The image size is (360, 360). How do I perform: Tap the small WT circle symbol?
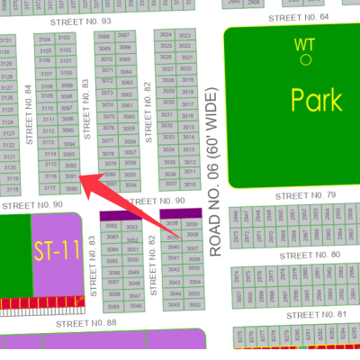click(x=306, y=59)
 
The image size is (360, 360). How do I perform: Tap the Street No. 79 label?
click(x=306, y=194)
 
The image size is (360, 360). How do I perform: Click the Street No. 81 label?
click(x=317, y=314)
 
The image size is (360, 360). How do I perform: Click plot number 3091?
click(x=71, y=177)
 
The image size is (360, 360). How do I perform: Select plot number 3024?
click(x=166, y=35)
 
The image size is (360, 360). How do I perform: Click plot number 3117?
click(x=51, y=187)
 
